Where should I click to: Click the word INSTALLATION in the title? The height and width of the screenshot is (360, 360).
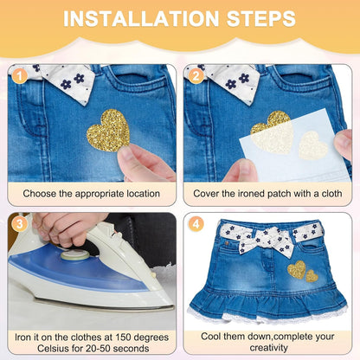tap(141, 19)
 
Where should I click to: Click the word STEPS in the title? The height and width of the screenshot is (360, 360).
tap(261, 19)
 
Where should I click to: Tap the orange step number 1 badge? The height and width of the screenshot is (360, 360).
tap(20, 76)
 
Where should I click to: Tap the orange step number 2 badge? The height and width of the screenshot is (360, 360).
tap(196, 76)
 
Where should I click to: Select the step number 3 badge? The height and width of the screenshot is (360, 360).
tap(20, 224)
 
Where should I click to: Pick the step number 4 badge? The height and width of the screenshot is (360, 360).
tap(196, 224)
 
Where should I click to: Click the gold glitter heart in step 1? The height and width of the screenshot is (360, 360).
tap(108, 131)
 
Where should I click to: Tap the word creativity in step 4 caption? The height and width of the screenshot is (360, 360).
tap(268, 348)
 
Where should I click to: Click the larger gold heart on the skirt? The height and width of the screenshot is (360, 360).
tap(297, 270)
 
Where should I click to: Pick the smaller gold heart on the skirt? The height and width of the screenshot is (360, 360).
tap(312, 276)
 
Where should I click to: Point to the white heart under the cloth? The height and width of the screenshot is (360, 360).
tap(313, 145)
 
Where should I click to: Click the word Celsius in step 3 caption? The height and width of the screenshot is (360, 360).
tap(54, 348)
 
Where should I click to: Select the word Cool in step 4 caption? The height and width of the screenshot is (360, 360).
tap(210, 337)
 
